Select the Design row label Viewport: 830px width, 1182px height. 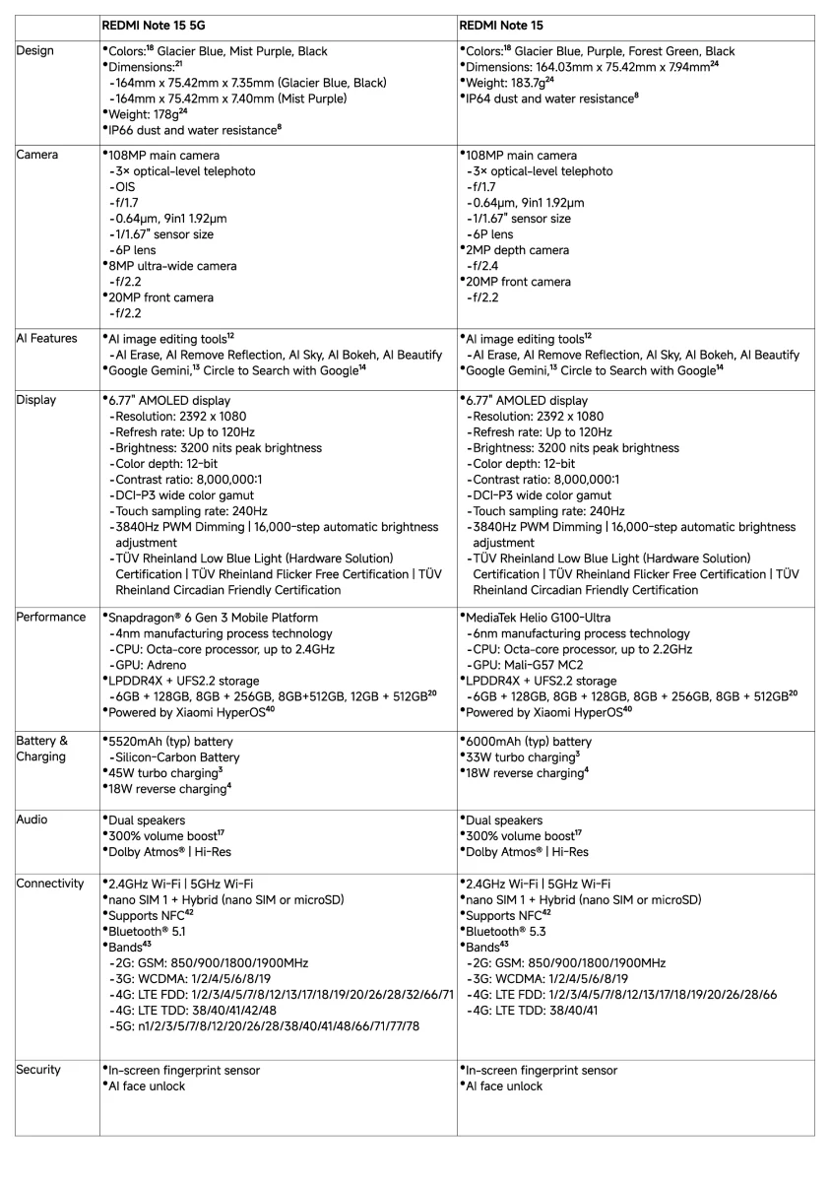pos(35,51)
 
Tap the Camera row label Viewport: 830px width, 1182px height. pos(37,156)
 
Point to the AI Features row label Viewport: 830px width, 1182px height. pos(46,339)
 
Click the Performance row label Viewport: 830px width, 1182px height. pos(51,618)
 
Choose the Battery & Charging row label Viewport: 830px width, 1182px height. pos(42,750)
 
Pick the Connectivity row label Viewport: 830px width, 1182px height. pos(50,884)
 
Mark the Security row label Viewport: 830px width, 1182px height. pos(38,1070)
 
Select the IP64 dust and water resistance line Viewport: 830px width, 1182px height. pos(550,98)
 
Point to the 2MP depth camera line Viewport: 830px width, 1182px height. pos(517,250)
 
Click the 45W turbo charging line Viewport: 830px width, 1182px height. pos(162,773)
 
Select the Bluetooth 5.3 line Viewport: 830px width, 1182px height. pos(508,931)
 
